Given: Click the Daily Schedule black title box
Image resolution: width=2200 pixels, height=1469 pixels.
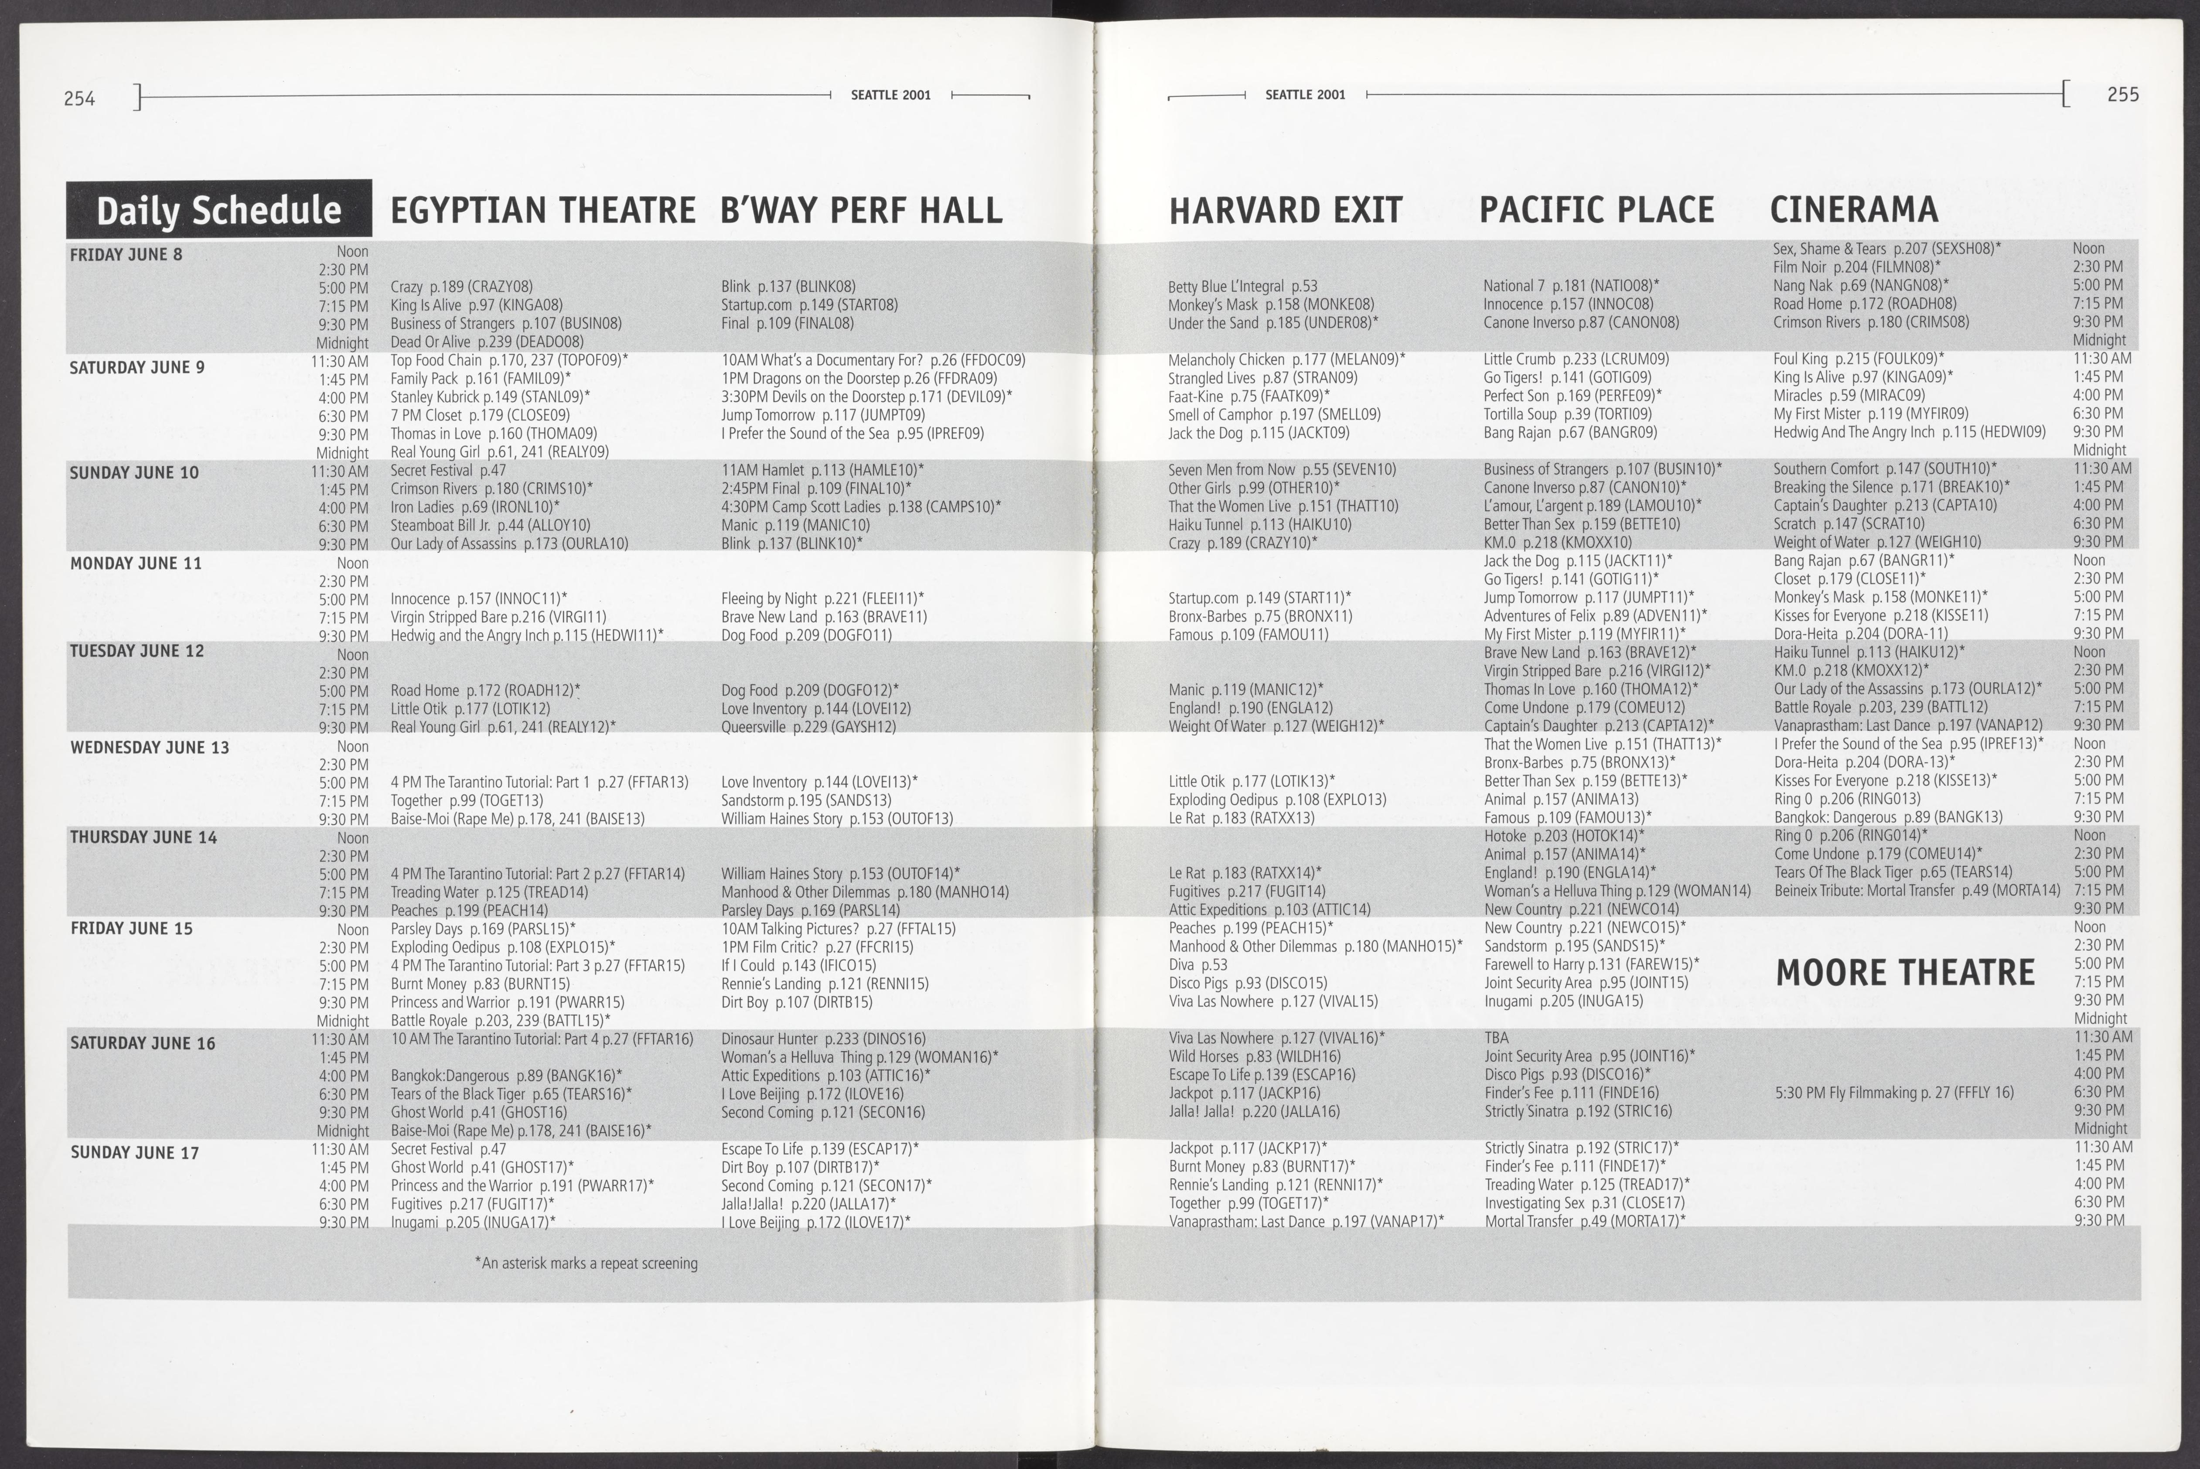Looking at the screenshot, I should click(218, 209).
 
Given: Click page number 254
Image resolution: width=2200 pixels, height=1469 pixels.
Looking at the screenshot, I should click(80, 97).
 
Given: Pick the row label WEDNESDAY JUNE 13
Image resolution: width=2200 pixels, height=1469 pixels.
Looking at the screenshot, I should click(150, 748).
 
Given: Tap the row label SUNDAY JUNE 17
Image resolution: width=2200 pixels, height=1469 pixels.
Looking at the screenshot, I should click(135, 1152).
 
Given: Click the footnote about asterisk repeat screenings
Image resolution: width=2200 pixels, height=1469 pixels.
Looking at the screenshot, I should click(586, 1263).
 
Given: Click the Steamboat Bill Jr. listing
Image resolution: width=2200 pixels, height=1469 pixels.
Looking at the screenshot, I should click(490, 526).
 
